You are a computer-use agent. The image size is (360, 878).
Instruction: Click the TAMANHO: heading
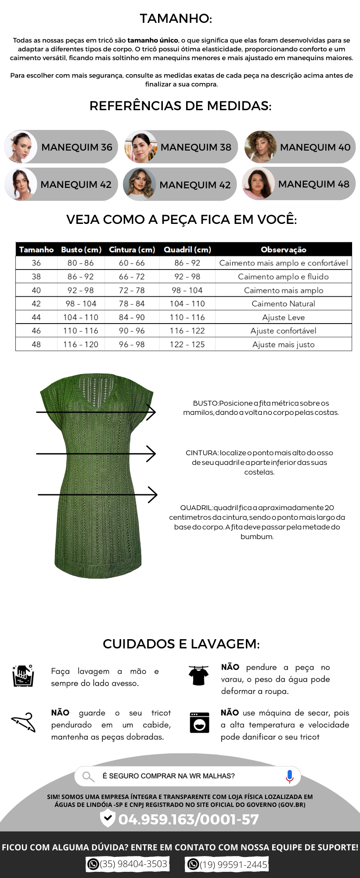[x=176, y=18]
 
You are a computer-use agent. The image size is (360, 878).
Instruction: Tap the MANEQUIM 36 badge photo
[x=21, y=147]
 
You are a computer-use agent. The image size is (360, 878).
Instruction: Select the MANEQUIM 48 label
[x=313, y=184]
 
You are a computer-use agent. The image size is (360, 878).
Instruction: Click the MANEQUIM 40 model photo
[x=260, y=147]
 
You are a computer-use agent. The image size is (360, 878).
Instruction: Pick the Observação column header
[x=283, y=249]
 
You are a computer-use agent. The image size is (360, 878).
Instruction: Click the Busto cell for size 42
[x=81, y=304]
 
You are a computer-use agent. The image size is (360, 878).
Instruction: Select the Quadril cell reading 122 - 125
[x=187, y=345]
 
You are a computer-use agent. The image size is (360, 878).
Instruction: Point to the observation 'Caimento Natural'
[x=283, y=304]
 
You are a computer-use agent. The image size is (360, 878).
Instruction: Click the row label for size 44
[x=36, y=317]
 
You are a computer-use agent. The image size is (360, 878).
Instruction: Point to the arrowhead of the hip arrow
[x=154, y=495]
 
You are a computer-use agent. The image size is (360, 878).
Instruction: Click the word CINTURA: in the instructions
[x=202, y=453]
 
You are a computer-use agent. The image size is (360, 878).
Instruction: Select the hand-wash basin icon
[x=23, y=676]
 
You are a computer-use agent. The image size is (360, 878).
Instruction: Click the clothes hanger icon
[x=23, y=722]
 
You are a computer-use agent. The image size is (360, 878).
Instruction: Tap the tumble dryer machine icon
[x=199, y=722]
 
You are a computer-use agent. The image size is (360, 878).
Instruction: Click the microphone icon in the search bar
[x=289, y=776]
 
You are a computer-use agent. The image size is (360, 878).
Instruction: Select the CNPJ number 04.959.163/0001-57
[x=188, y=819]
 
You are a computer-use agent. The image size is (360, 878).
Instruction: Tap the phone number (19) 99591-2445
[x=233, y=864]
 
